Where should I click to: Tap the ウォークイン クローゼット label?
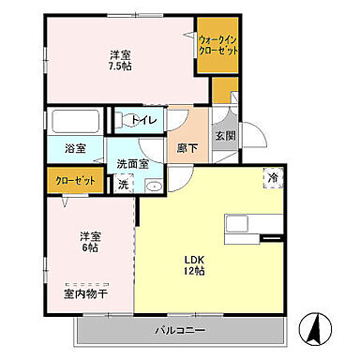point(217,44)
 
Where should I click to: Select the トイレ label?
point(142,119)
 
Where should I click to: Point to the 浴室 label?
point(75,148)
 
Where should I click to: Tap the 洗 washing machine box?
point(123,185)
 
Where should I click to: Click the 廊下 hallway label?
point(186,148)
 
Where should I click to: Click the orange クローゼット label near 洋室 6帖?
point(68,181)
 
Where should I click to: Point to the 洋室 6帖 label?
point(89,242)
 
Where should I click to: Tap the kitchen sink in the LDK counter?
point(236,226)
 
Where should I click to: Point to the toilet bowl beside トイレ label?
point(120,119)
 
